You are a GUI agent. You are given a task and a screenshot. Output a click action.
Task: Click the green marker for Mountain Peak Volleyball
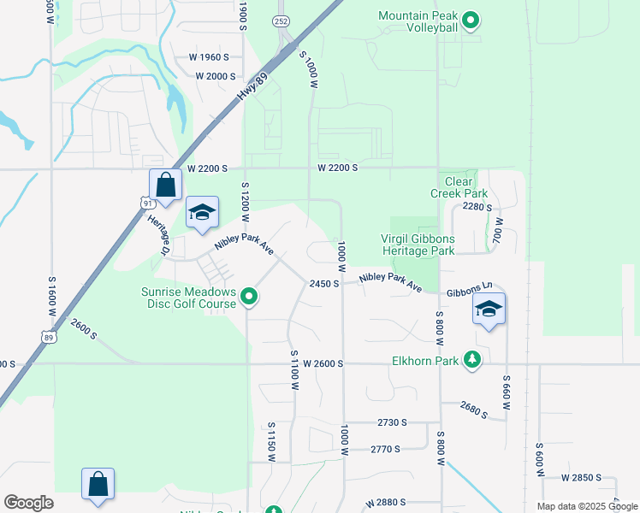469,21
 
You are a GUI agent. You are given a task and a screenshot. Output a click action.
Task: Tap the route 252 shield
281,21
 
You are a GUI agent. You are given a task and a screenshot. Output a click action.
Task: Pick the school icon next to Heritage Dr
202,213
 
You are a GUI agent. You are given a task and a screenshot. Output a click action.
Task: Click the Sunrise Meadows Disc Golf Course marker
249,297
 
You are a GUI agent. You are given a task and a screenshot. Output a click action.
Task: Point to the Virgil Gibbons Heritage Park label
418,245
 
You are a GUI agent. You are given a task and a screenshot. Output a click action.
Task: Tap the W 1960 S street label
209,57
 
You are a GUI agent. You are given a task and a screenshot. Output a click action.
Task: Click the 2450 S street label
325,283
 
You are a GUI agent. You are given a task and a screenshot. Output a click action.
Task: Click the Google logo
28,503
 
